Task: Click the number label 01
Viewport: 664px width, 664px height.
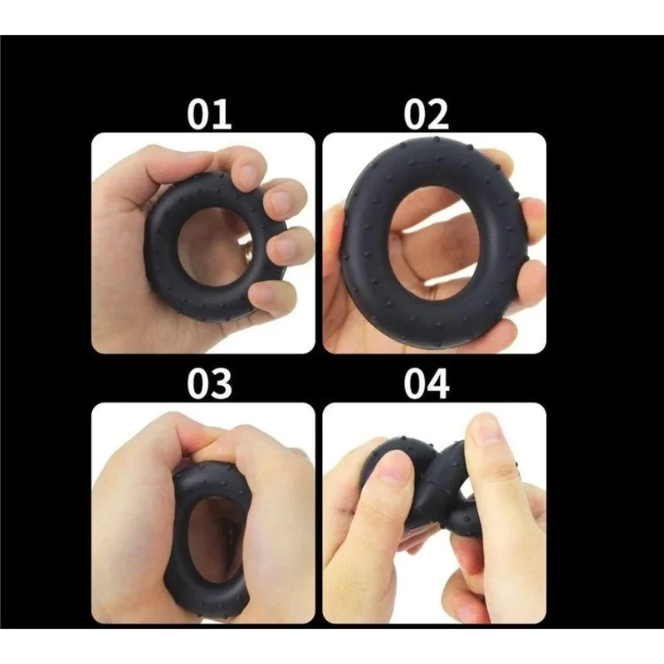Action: [209, 114]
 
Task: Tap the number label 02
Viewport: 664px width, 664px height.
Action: [426, 114]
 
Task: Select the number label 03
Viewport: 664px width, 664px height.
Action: [209, 383]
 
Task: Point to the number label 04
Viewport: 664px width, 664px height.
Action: [426, 383]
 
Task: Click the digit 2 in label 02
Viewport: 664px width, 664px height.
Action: [438, 115]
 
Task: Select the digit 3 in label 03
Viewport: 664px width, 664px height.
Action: [222, 383]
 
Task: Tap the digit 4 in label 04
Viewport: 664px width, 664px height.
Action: [439, 383]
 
